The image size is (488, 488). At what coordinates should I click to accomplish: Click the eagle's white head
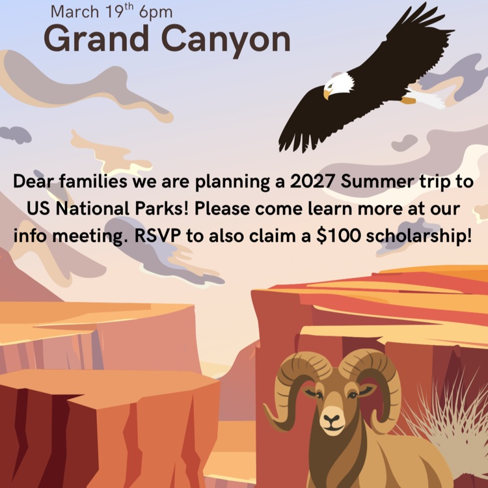(x=340, y=83)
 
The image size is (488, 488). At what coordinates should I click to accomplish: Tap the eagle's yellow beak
(x=327, y=94)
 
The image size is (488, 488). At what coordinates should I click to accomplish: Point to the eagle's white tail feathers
(x=429, y=99)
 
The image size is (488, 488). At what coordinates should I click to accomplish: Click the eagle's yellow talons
(x=408, y=100)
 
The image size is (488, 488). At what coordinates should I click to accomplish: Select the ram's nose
(x=333, y=419)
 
